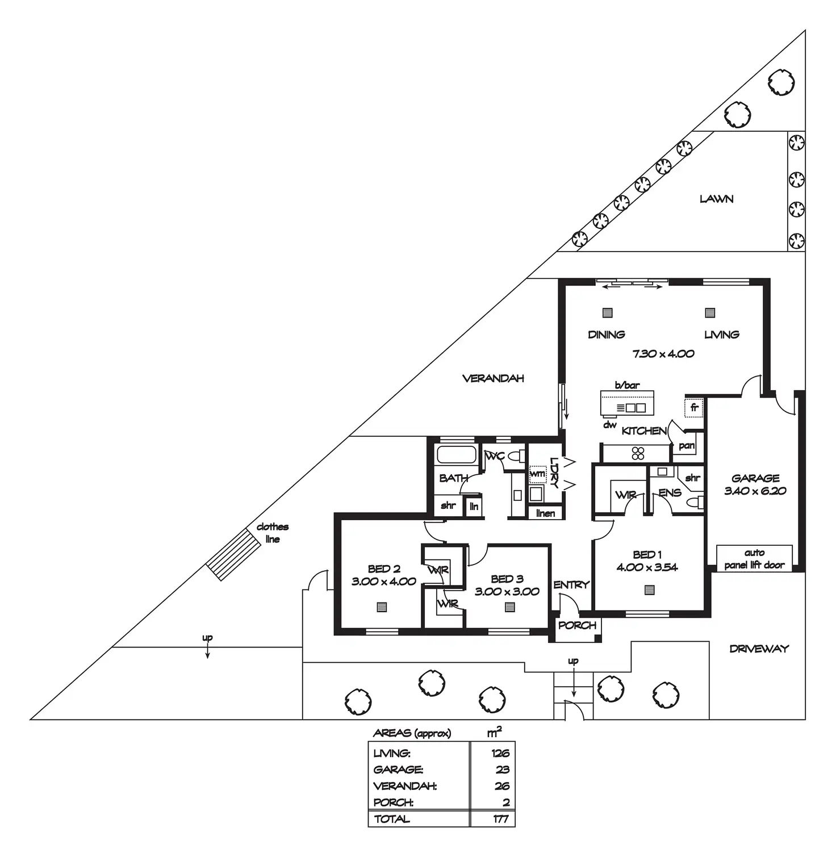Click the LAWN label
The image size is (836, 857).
click(x=716, y=199)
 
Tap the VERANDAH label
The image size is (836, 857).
click(x=493, y=378)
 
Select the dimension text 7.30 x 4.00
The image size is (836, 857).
click(x=663, y=354)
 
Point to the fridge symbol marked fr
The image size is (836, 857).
click(x=694, y=408)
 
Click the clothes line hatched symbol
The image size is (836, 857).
click(x=230, y=554)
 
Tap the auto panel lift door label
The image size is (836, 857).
click(x=754, y=559)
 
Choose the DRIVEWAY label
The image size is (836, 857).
click(x=759, y=649)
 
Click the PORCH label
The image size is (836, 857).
click(x=577, y=625)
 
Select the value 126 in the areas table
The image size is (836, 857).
click(x=500, y=754)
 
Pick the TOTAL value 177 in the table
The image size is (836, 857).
click(x=500, y=819)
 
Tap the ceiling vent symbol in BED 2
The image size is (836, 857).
click(x=382, y=607)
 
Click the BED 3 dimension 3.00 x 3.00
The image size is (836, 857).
click(x=507, y=592)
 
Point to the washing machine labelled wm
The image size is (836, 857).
click(x=537, y=474)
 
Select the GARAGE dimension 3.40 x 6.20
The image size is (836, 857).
click(x=755, y=491)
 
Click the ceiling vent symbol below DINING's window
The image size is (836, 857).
click(x=608, y=313)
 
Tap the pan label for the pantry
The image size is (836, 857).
click(x=686, y=446)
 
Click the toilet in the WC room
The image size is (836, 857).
click(x=516, y=456)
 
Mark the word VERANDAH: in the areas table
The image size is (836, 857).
click(x=405, y=787)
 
